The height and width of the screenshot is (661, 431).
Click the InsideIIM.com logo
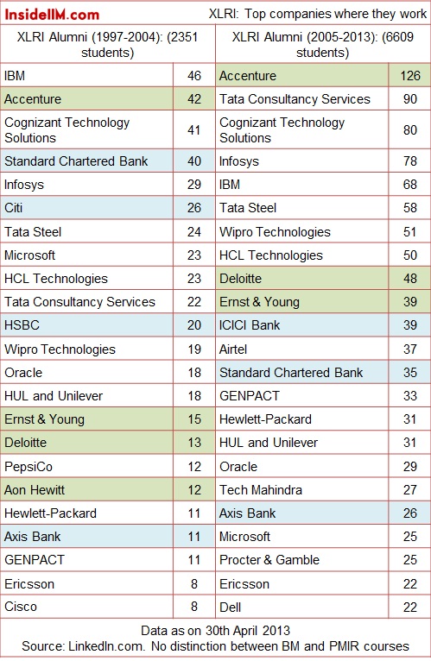pyautogui.click(x=52, y=15)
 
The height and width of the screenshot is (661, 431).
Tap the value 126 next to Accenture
pyautogui.click(x=410, y=76)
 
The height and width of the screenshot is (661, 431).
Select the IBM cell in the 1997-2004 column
pyautogui.click(x=15, y=76)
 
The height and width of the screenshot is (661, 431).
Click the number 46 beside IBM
pyautogui.click(x=194, y=76)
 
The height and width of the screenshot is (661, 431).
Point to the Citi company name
pyautogui.click(x=14, y=208)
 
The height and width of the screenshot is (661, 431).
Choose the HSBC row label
pyautogui.click(x=22, y=325)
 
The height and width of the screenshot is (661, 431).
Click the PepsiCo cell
pyautogui.click(x=29, y=467)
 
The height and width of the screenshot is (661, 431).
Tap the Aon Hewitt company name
pyautogui.click(x=35, y=490)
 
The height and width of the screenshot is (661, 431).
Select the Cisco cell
pyautogui.click(x=21, y=607)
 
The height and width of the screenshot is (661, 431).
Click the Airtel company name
pyautogui.click(x=233, y=349)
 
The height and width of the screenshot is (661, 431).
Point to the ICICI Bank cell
pyautogui.click(x=250, y=325)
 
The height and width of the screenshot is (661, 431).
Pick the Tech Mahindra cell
pyautogui.click(x=261, y=490)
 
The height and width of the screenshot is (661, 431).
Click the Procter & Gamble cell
pyautogui.click(x=269, y=560)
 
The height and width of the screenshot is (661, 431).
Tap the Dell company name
pyautogui.click(x=230, y=607)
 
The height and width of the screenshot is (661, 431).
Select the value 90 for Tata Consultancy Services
pyautogui.click(x=410, y=99)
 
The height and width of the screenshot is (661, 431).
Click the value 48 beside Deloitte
pyautogui.click(x=410, y=279)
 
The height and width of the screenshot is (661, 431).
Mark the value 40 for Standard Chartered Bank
pyautogui.click(x=194, y=161)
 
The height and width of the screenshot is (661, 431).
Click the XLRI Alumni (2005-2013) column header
pyautogui.click(x=322, y=45)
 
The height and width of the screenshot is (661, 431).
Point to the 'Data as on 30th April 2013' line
pyautogui.click(x=215, y=631)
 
